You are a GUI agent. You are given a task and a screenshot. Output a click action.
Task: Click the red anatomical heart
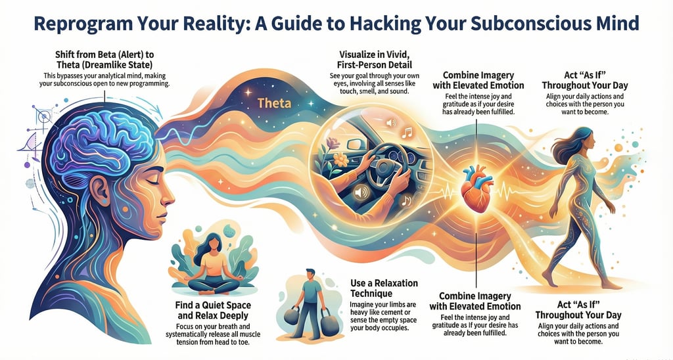point(475,190)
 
